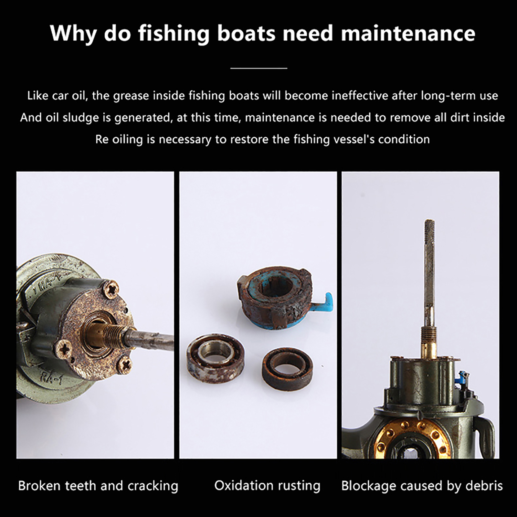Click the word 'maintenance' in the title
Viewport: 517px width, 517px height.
coord(408,33)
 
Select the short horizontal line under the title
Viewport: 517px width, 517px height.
coord(259,68)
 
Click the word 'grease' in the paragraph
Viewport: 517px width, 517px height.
coord(129,96)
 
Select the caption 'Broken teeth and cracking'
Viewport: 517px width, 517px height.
coord(98,486)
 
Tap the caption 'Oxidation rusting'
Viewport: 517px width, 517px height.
coord(267,486)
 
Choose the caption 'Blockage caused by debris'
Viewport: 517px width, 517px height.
coord(422,486)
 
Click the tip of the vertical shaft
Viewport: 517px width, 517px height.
coord(429,221)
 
